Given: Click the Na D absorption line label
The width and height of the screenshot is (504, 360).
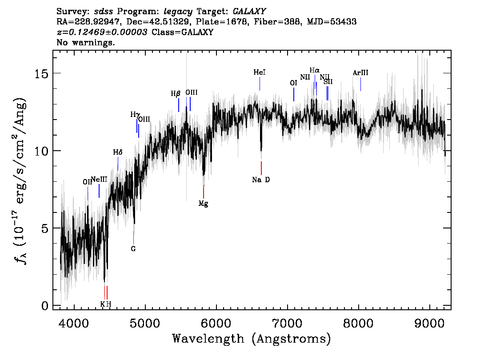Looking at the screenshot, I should pos(261,180).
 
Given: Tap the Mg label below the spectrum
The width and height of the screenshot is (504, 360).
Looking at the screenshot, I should pos(203,204).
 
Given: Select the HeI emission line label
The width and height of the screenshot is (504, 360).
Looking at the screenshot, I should pos(260,72).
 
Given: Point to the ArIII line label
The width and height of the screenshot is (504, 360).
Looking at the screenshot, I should pos(360,73).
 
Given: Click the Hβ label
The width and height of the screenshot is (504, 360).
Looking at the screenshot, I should pos(176,94).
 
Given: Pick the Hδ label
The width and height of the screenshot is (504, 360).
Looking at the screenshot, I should pos(117,152).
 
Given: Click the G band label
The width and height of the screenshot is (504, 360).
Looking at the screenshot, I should pos(133,249).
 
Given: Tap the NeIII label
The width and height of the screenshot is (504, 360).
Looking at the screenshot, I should pos(99,179).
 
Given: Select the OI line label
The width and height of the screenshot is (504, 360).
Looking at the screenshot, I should pos(293,83).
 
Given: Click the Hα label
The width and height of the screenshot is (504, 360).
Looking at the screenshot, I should pos(315,70).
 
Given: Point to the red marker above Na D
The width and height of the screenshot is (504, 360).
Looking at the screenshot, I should pos(261,168).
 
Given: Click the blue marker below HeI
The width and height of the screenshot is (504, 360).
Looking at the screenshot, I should pos(260,84).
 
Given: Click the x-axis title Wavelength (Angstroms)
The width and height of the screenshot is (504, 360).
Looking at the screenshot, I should pos(251,339).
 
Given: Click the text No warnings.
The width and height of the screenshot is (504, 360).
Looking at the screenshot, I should pos(86,43).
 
